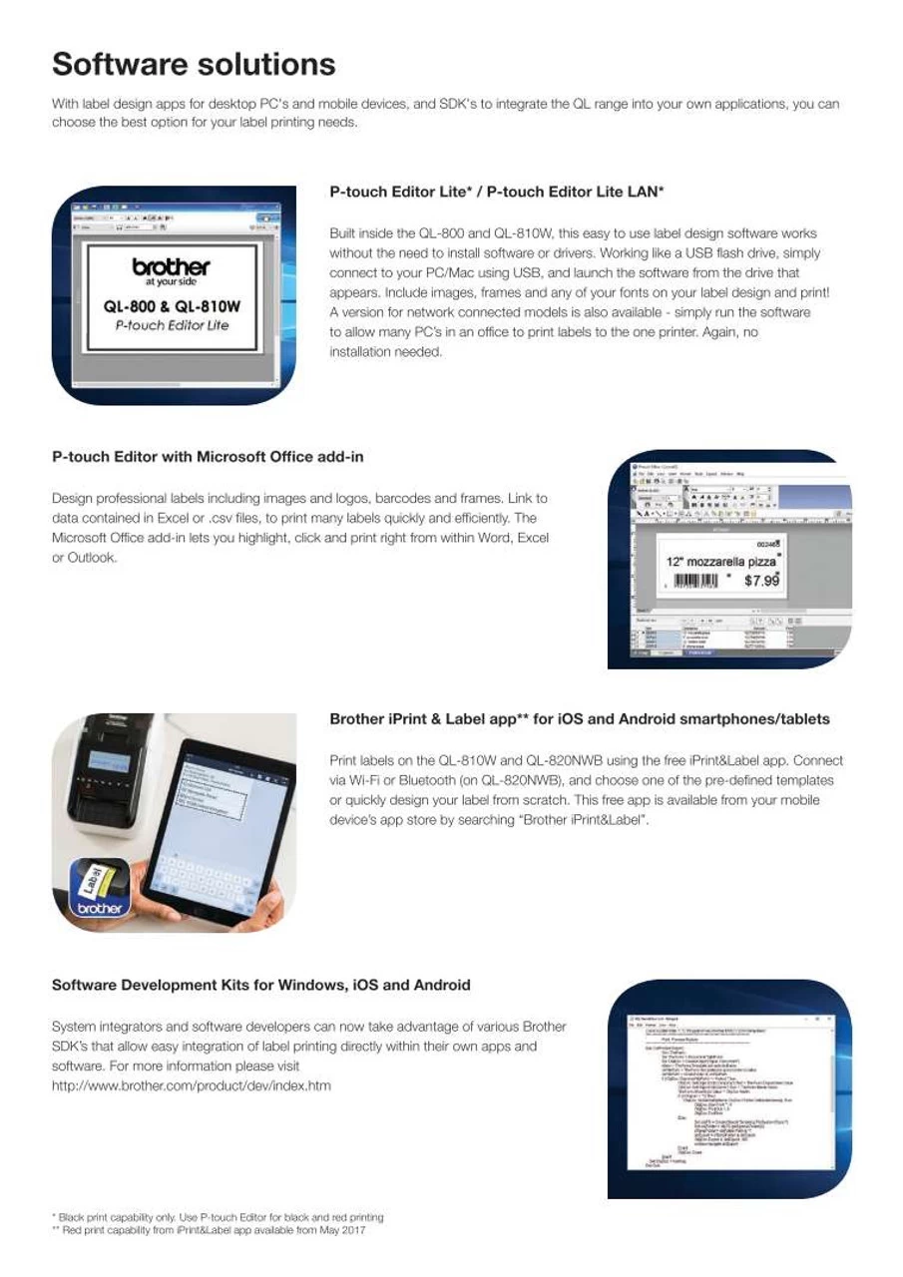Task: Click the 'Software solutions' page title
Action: [x=194, y=65]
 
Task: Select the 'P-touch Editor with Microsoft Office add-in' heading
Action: [x=208, y=457]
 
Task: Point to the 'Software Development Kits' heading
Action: [x=260, y=985]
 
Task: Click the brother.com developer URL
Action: [x=191, y=1085]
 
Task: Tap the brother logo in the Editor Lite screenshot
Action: [x=171, y=267]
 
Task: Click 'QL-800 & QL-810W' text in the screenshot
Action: [x=172, y=307]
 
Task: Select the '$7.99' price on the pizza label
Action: [x=761, y=579]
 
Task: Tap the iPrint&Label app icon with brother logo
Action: [x=99, y=890]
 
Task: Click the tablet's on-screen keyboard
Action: [x=205, y=877]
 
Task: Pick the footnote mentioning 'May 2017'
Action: [x=209, y=1231]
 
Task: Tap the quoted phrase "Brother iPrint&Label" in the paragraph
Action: [x=585, y=820]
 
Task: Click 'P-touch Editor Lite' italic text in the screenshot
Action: [x=172, y=326]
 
